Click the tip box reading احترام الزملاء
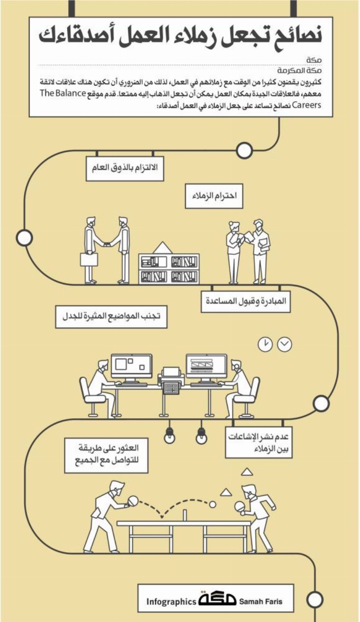click(214, 196)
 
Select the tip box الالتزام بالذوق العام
click(125, 168)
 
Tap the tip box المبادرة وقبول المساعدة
click(246, 301)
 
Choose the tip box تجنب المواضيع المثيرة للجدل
click(111, 317)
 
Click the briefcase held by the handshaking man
click(89, 259)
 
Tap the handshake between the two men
click(107, 244)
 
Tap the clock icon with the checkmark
click(285, 344)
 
